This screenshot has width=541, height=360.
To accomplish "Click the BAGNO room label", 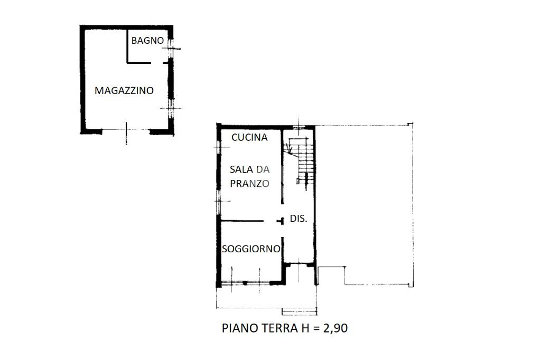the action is (147, 40).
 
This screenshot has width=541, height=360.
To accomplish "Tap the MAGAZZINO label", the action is (124, 90).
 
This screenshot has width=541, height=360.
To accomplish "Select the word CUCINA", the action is (249, 137).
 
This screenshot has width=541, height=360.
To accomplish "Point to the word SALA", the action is (241, 169).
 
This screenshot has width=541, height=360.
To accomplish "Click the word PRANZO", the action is (249, 184).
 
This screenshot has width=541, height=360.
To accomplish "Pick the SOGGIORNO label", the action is (251, 249).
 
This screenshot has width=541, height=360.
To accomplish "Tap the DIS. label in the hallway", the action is (299, 219).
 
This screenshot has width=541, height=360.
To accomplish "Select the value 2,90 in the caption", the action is (335, 328).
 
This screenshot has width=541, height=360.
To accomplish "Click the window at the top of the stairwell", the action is (299, 127).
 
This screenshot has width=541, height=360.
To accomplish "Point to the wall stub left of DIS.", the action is (280, 221).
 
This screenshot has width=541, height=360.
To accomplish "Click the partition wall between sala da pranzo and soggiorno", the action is (242, 221).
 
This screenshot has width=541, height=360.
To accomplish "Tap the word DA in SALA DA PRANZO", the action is (263, 169).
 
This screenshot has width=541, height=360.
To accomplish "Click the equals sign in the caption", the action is (316, 328).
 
